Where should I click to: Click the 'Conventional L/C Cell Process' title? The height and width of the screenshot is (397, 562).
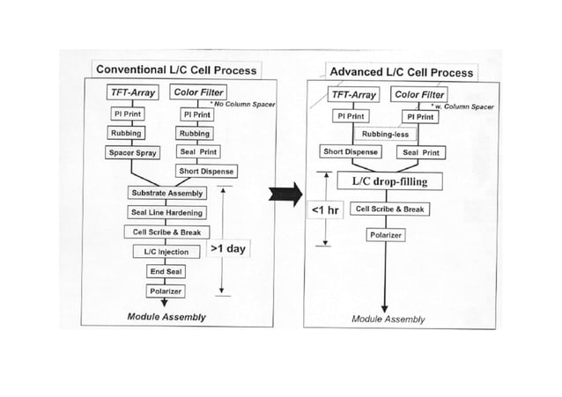coord(176,70)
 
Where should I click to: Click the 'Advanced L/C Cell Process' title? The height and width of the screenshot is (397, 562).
coord(400,72)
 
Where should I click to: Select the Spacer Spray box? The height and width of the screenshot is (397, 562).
coord(132,152)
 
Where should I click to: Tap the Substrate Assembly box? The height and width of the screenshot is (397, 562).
coord(167,192)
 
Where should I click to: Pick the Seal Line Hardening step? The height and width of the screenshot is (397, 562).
coord(167,212)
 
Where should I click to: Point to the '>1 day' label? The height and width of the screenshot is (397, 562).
coord(231,249)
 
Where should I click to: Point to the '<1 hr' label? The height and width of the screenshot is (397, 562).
coord(327,211)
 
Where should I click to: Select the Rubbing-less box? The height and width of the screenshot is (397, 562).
coord(388,134)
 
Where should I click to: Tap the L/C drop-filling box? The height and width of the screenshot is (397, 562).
coord(388,181)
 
